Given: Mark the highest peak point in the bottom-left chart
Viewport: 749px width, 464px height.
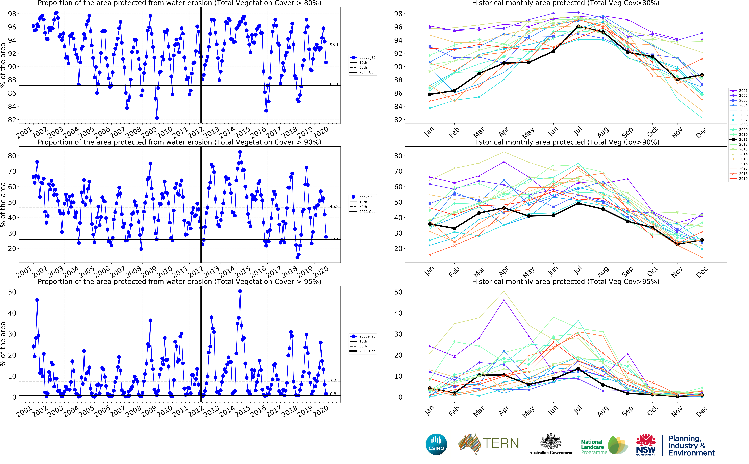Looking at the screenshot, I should pyautogui.click(x=240, y=291).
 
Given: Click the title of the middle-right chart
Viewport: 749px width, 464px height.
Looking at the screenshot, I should pyautogui.click(x=566, y=142).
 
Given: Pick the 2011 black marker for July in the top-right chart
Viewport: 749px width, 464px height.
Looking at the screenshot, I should pyautogui.click(x=578, y=27).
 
